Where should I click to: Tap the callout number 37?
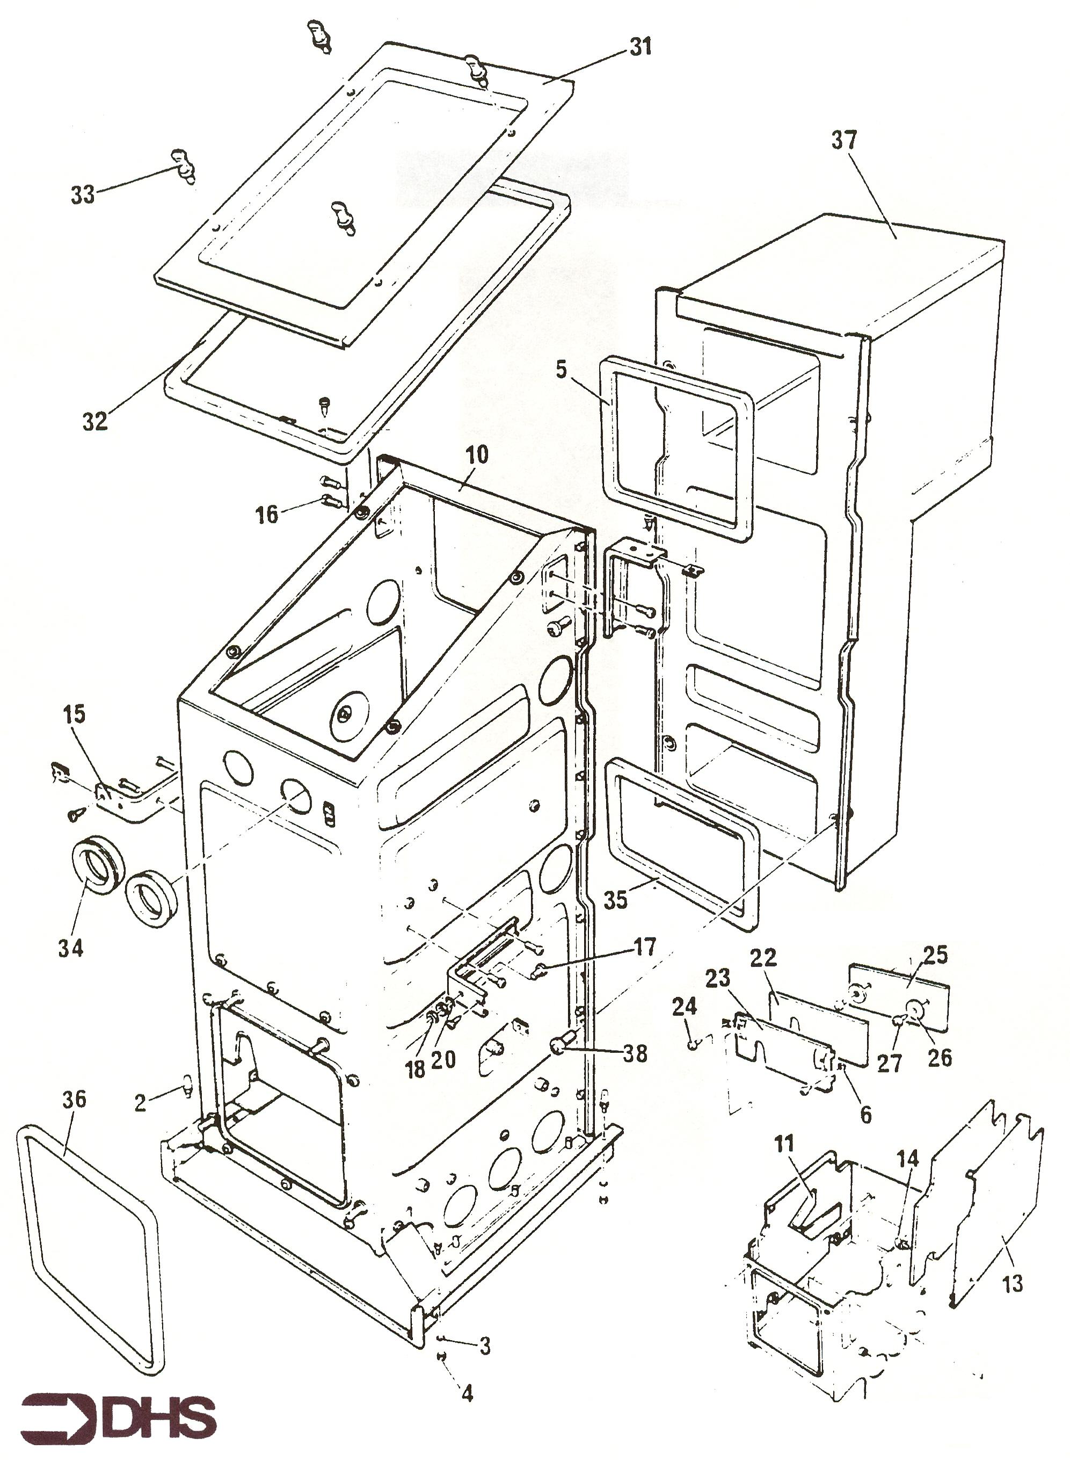844,141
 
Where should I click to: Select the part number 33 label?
82,194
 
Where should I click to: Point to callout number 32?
94,422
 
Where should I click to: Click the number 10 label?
477,455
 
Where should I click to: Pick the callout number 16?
267,515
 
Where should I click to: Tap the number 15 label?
74,715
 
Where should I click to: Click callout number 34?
70,948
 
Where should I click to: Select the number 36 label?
74,1099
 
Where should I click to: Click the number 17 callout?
645,947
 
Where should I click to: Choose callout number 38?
635,1054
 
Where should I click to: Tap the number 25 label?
935,955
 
